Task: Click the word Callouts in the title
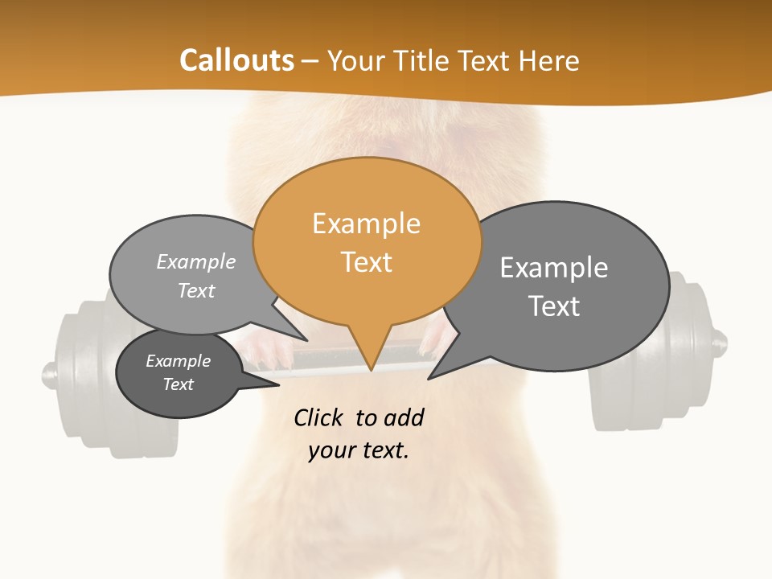click(x=236, y=60)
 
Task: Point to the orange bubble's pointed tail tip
click(x=371, y=370)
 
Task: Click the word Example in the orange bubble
click(x=366, y=224)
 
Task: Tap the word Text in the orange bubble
click(x=367, y=262)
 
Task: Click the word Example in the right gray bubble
click(x=553, y=267)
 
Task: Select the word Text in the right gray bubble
click(x=553, y=306)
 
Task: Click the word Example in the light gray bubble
click(x=196, y=261)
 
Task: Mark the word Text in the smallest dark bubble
click(x=178, y=384)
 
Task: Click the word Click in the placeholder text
click(x=320, y=417)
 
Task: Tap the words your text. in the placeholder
click(x=359, y=450)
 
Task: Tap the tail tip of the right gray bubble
click(x=429, y=377)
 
